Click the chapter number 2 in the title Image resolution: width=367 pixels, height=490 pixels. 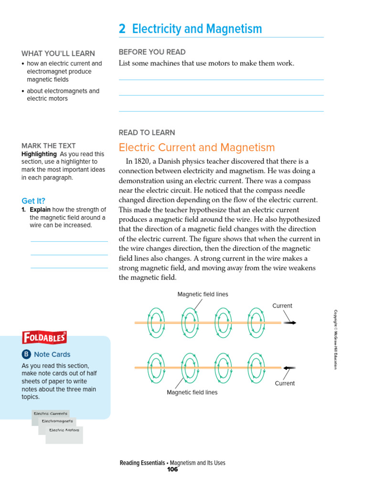coord(122,29)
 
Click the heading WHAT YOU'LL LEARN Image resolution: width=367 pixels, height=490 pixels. coord(58,54)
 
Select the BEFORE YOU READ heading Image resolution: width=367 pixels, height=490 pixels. coord(152,52)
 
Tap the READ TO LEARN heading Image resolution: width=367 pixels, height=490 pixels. coord(147,133)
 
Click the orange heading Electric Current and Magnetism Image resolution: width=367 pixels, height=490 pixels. coord(196,147)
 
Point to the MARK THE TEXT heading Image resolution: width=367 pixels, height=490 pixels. coord(49,145)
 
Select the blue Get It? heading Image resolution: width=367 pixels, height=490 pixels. coord(33,201)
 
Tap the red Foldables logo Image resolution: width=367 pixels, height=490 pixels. coord(44,338)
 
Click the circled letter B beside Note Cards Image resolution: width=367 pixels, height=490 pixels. coord(26,355)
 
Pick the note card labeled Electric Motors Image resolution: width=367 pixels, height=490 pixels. coord(64,430)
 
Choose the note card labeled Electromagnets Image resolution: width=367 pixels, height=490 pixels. coord(57,421)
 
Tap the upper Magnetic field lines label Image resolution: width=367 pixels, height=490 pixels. coord(203,294)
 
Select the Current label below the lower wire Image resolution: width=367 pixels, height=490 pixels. coord(284,383)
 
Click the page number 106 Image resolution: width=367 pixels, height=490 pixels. coord(172,469)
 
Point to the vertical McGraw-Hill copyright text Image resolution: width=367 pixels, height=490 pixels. coord(335,339)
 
